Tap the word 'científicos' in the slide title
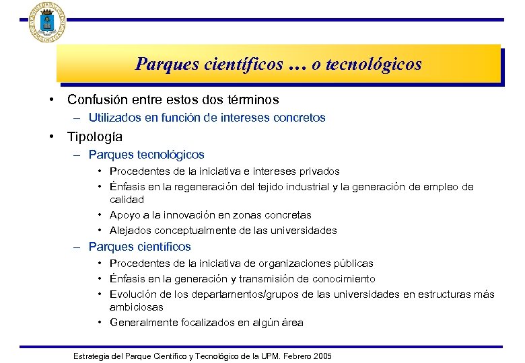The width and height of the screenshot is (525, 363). pyautogui.click(x=243, y=65)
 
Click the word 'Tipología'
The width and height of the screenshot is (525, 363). pyautogui.click(x=94, y=137)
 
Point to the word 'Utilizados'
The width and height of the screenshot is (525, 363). pyautogui.click(x=113, y=118)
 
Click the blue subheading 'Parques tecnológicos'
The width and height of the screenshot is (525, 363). pyautogui.click(x=146, y=155)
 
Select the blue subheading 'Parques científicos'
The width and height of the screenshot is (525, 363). pyautogui.click(x=139, y=247)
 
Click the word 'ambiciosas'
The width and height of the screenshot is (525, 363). pyautogui.click(x=136, y=307)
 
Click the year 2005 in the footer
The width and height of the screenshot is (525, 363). pyautogui.click(x=321, y=356)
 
